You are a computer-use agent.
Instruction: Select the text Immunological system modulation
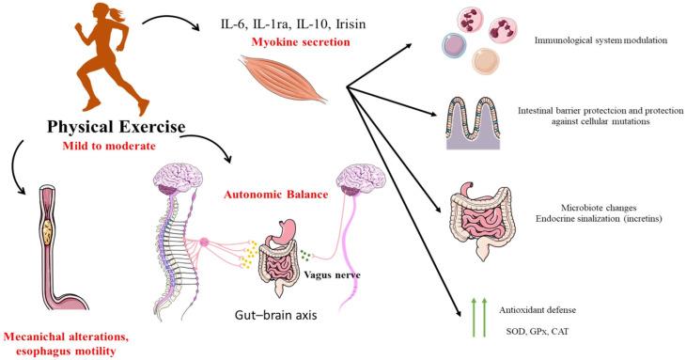point(593,42)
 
